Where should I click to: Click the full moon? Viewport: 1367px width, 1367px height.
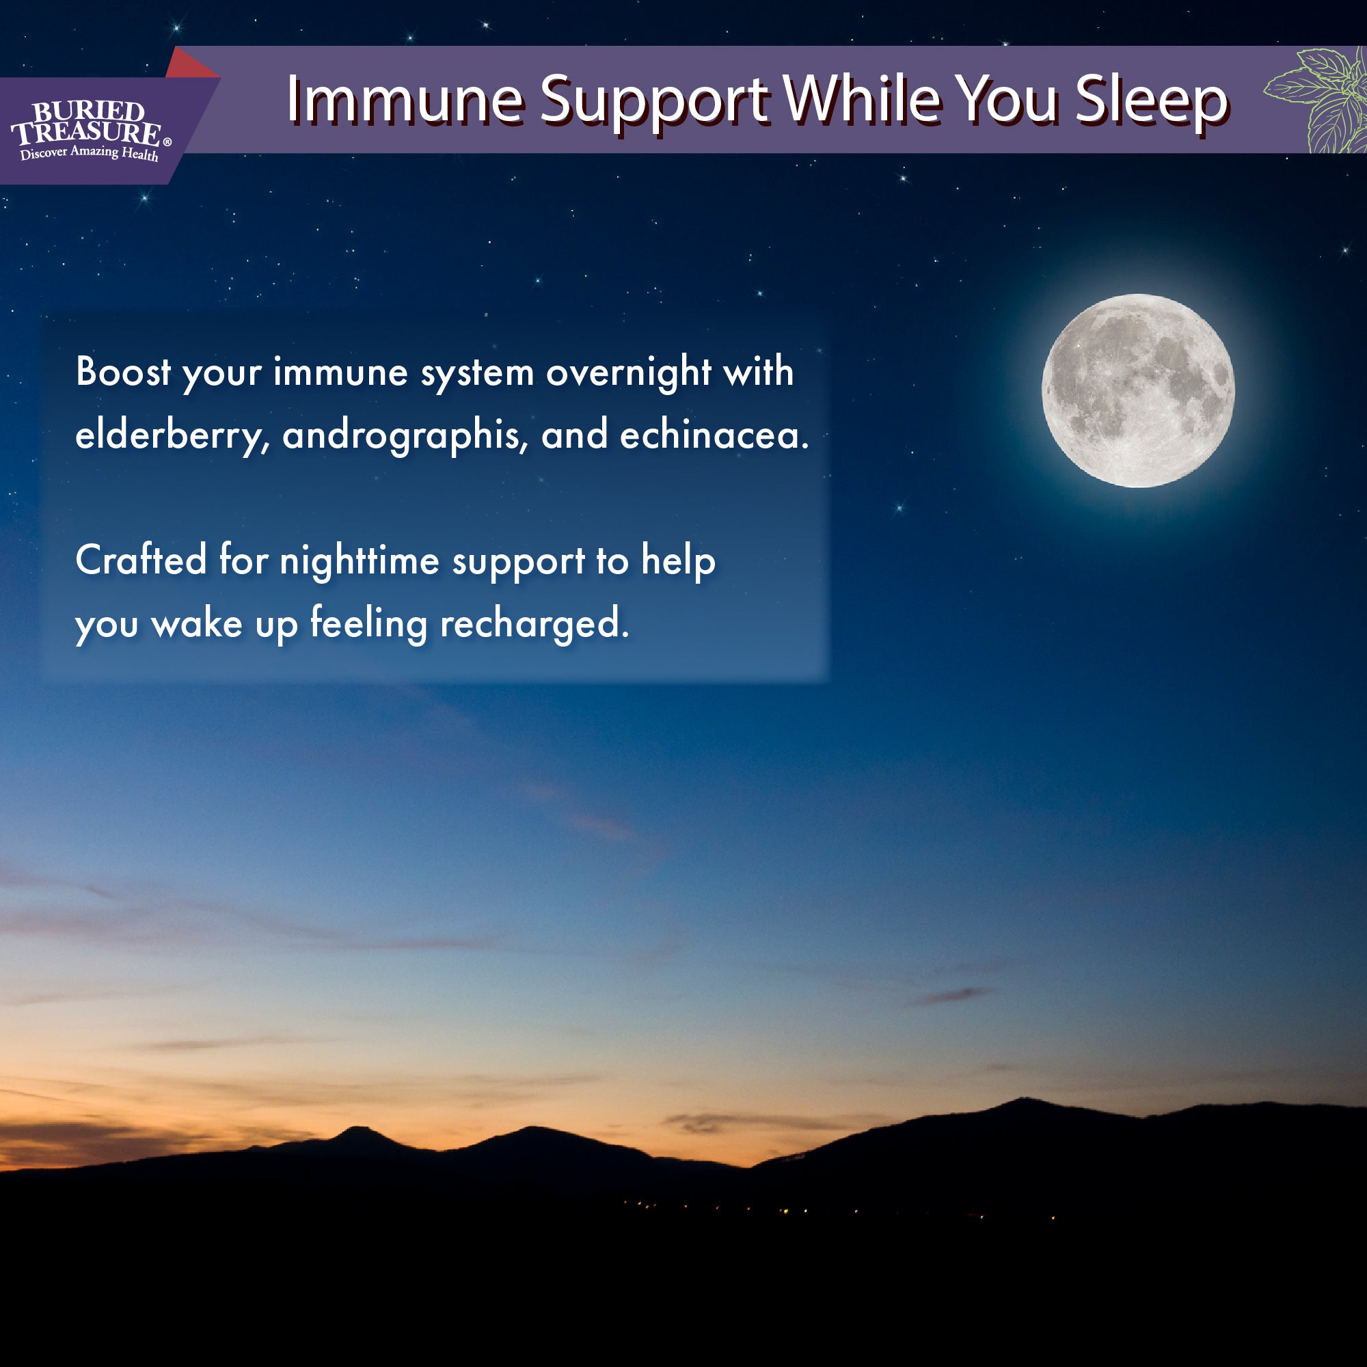pos(1138,390)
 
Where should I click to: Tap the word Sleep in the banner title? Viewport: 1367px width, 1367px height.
pos(1151,100)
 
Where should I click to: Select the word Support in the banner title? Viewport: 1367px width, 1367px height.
pos(654,100)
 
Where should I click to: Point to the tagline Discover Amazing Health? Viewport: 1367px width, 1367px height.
pos(89,153)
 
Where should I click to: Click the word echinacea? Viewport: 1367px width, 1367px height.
pos(713,435)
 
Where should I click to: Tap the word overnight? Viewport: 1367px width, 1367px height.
pos(628,373)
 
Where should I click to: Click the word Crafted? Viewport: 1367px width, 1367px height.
pos(141,560)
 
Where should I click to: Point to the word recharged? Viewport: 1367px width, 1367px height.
pos(534,624)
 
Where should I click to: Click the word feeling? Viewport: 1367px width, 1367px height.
pos(368,623)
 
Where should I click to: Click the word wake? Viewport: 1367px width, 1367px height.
pos(197,624)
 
